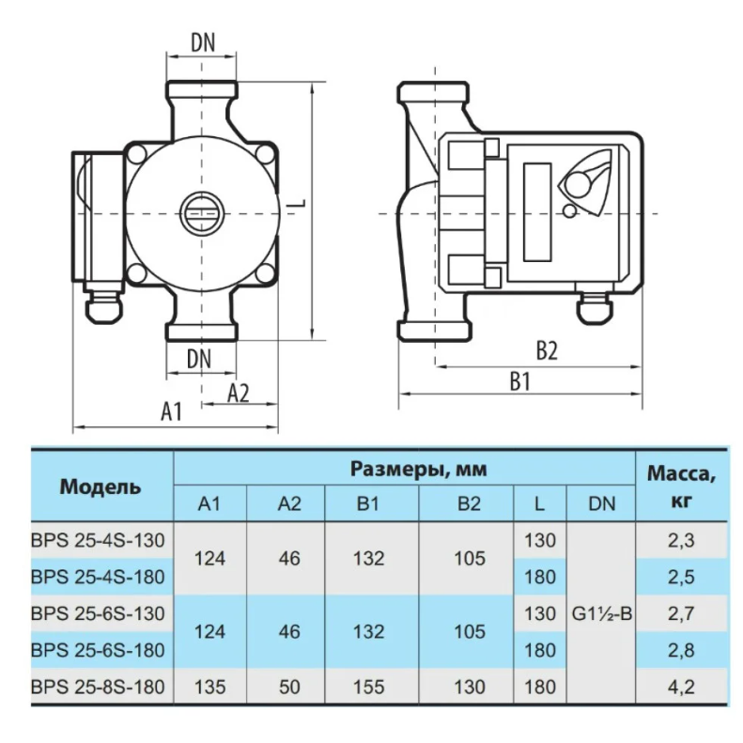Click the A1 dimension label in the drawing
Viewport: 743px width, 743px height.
point(172,411)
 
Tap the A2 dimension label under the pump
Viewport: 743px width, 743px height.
point(238,393)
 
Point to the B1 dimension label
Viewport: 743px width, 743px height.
point(520,381)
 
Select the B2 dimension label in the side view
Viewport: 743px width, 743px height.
point(547,351)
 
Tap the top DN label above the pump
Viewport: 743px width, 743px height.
point(203,42)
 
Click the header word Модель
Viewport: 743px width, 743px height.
point(101,488)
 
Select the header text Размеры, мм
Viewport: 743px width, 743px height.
point(418,469)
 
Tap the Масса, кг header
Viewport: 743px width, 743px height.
point(681,487)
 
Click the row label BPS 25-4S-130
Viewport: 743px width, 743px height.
point(98,540)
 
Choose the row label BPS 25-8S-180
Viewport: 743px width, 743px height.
point(98,687)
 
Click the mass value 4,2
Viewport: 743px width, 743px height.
point(681,687)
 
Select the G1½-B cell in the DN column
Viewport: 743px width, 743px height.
point(602,613)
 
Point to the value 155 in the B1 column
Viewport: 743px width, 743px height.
point(368,687)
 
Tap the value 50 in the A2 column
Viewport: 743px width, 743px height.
point(289,687)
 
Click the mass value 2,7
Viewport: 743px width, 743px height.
point(681,613)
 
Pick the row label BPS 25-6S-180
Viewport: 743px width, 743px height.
point(98,650)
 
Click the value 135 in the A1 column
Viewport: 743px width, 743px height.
point(209,687)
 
